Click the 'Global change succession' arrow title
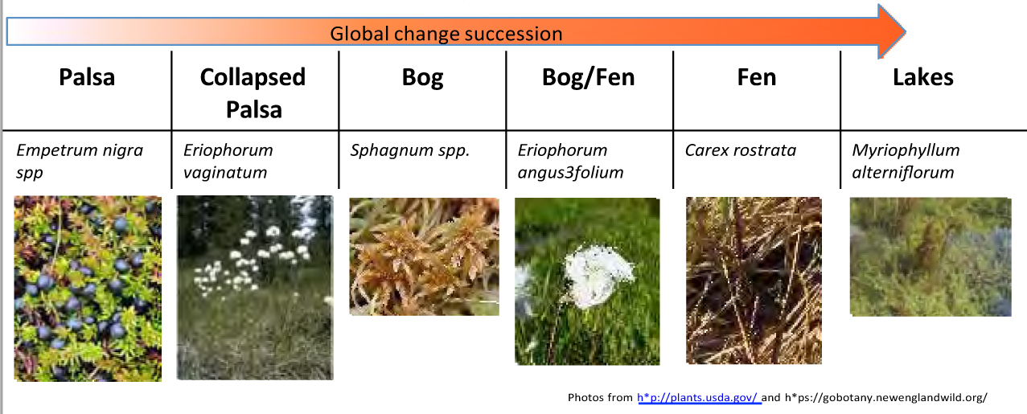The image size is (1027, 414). pos(446,34)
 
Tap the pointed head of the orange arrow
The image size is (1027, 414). pos(905,31)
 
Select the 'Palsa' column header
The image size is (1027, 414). pos(87,77)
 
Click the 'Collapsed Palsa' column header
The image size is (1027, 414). pos(253,93)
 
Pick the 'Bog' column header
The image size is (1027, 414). pos(422,78)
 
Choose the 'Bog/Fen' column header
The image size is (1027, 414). pos(588,77)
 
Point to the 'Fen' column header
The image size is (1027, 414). pos(757,77)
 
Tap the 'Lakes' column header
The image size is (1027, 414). pos(923,77)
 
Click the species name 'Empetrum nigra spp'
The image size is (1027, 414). pos(80,162)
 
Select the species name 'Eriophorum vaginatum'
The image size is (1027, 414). pos(228,162)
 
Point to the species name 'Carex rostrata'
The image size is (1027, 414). pos(741,150)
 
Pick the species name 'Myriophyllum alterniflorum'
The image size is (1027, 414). pos(906,162)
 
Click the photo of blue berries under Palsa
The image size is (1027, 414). pos(88,289)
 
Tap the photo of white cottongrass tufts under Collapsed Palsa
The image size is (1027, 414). pos(255,288)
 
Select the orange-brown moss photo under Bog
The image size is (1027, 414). pos(424,256)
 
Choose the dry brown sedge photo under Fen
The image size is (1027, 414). pos(754,281)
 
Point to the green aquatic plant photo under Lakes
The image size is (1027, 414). pos(930,256)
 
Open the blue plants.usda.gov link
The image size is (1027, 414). pos(699,397)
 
